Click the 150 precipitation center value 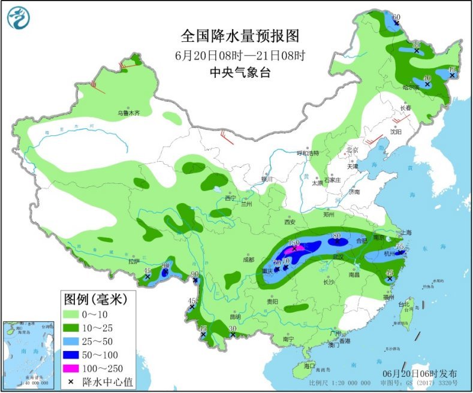pyautogui.click(x=294, y=243)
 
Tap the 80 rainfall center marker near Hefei pyautogui.click(x=336, y=236)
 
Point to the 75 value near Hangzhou pyautogui.click(x=400, y=247)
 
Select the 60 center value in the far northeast pyautogui.click(x=396, y=17)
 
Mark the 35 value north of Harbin pyautogui.click(x=415, y=46)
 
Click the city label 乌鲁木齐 pyautogui.click(x=128, y=113)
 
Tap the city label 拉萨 pyautogui.click(x=133, y=261)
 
